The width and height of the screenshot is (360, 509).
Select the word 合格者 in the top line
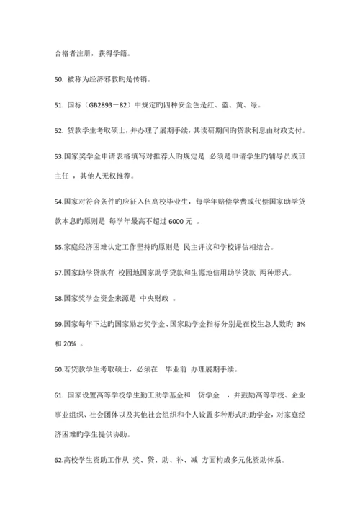[x=67, y=53]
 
